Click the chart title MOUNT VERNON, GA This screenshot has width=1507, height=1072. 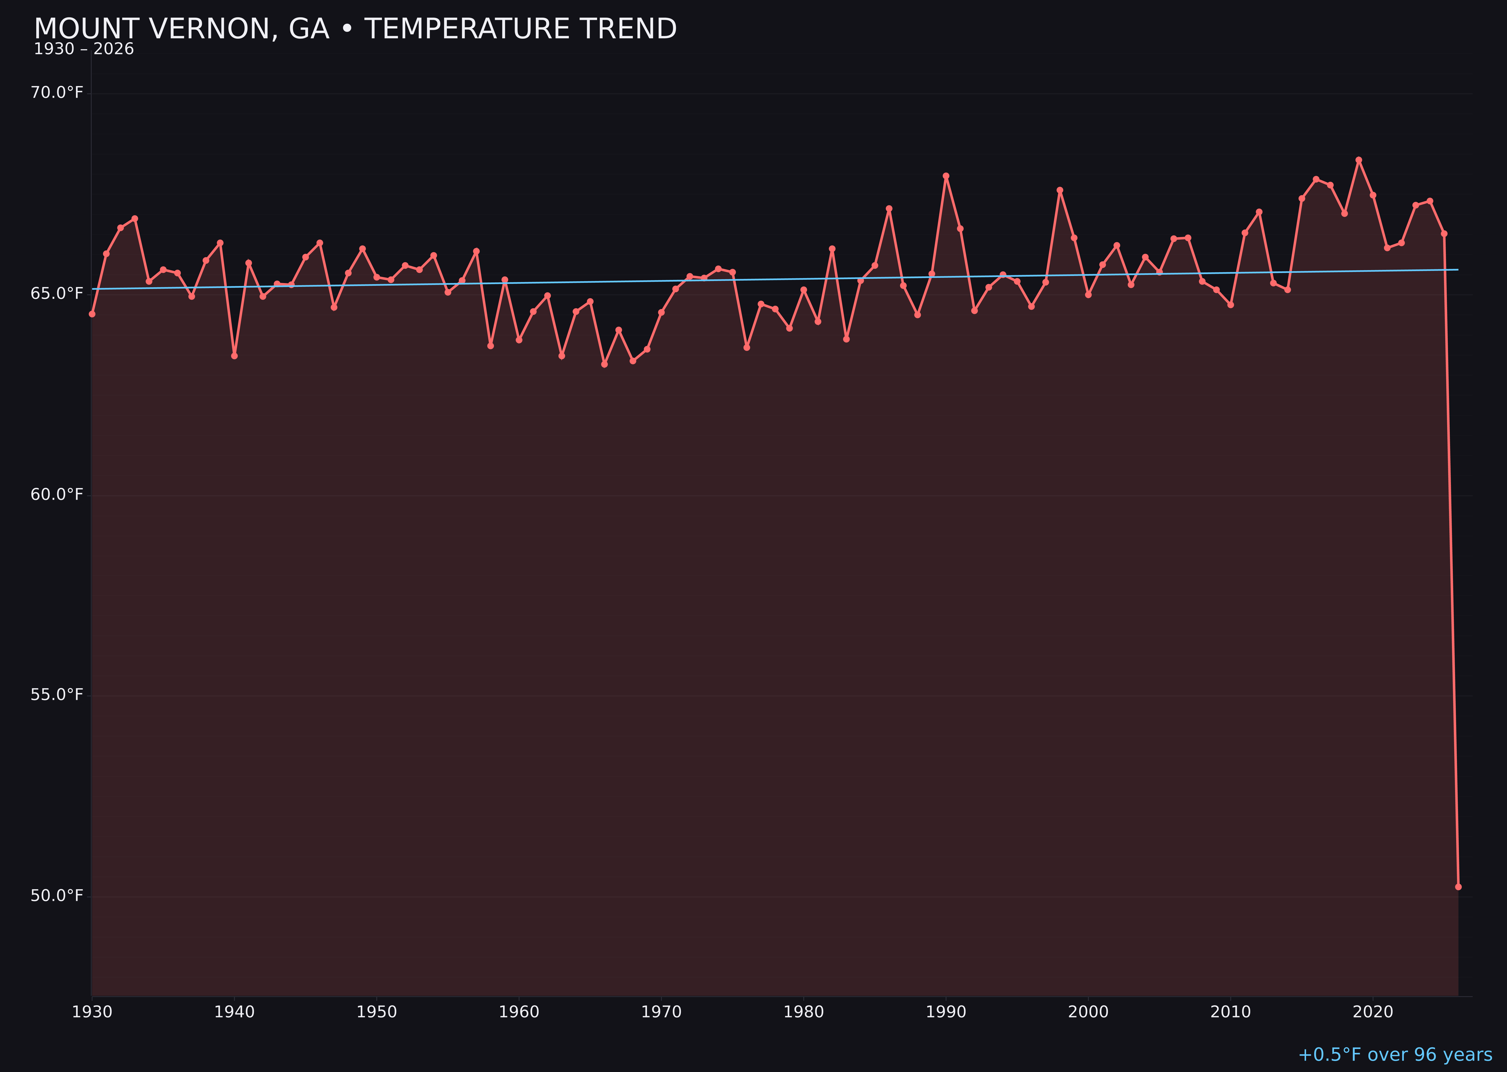point(355,29)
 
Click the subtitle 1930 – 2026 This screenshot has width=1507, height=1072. point(84,49)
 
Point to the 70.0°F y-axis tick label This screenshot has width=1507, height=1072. point(57,92)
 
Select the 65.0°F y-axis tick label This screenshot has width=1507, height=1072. point(57,293)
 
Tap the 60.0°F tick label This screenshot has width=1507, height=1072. point(57,495)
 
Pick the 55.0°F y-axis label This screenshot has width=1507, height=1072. point(57,695)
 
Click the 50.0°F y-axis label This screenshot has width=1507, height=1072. point(57,896)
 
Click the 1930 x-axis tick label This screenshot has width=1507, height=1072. point(92,1012)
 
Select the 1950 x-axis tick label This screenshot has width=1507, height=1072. point(377,1012)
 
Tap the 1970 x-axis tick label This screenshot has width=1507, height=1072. point(661,1012)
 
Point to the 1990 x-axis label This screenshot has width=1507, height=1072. point(946,1012)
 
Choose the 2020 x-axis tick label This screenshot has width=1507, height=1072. point(1373,1012)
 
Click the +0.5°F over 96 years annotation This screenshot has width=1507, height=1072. point(1395,1055)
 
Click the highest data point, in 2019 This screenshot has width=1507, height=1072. point(1359,160)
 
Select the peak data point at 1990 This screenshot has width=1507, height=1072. point(946,176)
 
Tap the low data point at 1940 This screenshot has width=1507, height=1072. point(234,356)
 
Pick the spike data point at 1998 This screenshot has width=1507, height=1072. point(1060,190)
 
